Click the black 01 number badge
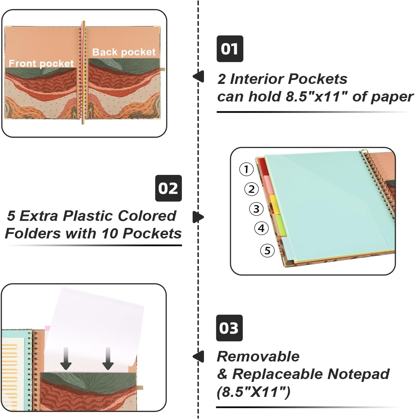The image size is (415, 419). tap(230, 49)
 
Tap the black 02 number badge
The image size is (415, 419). tap(168, 188)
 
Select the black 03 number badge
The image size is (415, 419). tap(229, 328)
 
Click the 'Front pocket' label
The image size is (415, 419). tap(41, 64)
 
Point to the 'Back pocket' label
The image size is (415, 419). tap(124, 52)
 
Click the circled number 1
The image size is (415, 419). tap(246, 169)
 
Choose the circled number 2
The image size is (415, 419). tap(252, 189)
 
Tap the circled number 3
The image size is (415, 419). tap(256, 209)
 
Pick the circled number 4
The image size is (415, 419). tap(262, 228)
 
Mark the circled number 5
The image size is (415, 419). tap(267, 251)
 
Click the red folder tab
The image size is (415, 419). tap(264, 167)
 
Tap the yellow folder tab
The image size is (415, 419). tap(275, 204)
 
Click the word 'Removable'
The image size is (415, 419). tap(258, 357)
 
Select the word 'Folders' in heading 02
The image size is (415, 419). tap(33, 234)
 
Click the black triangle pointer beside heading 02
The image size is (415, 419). tap(198, 217)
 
